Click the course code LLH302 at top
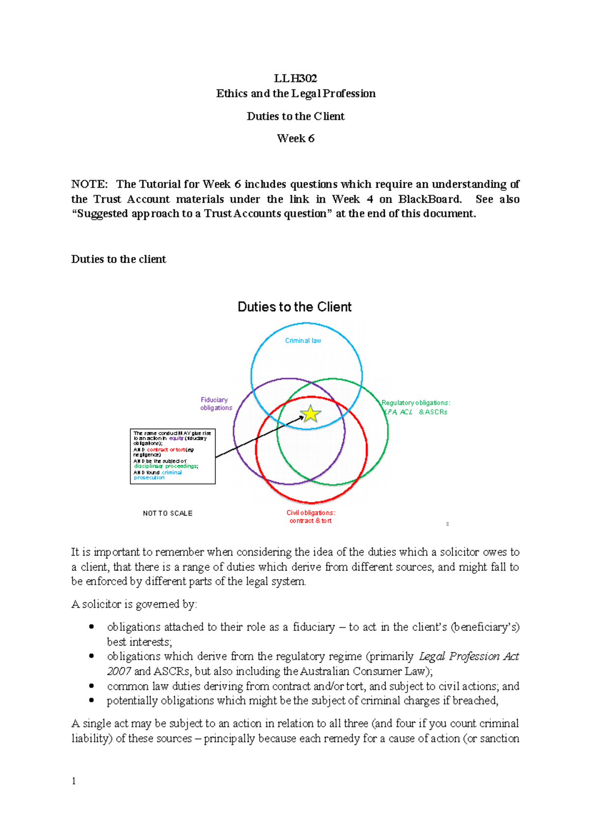pyautogui.click(x=295, y=78)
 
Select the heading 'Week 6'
pyautogui.click(x=295, y=139)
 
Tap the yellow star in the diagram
pyautogui.click(x=311, y=414)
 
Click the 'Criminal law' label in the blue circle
pyautogui.click(x=303, y=340)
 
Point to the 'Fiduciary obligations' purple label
pyautogui.click(x=215, y=404)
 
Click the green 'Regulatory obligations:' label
pyautogui.click(x=415, y=403)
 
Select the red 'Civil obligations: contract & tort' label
pyautogui.click(x=311, y=516)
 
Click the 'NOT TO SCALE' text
pyautogui.click(x=168, y=513)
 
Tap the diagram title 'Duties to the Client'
pyautogui.click(x=295, y=307)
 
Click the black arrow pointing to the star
pyautogui.click(x=260, y=437)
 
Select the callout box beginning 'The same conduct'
pyautogui.click(x=173, y=456)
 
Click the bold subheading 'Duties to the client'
pyautogui.click(x=118, y=259)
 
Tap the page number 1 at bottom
pyautogui.click(x=74, y=781)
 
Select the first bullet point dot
pyautogui.click(x=91, y=627)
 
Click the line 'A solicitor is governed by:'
pyautogui.click(x=134, y=604)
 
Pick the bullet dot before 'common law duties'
pyautogui.click(x=91, y=686)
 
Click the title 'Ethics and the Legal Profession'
pyautogui.click(x=295, y=93)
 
